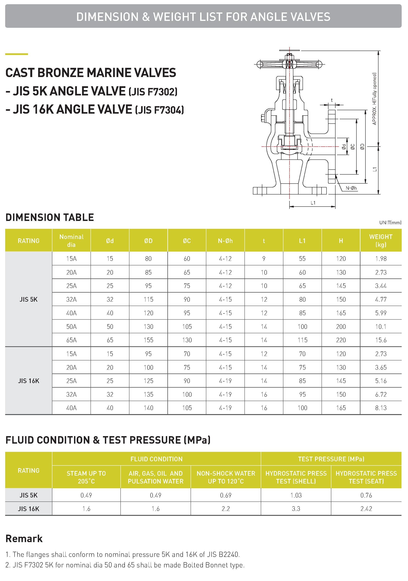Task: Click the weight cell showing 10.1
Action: tap(381, 327)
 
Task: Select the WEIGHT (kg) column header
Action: tap(381, 240)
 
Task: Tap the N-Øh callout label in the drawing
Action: tap(351, 188)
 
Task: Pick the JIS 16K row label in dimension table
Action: tap(29, 381)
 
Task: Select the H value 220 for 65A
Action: tap(341, 340)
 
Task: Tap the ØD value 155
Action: tap(148, 340)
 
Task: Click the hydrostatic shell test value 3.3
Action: tap(296, 509)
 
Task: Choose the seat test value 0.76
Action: tap(366, 495)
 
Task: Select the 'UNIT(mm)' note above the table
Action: tap(390, 223)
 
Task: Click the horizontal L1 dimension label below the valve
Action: tap(313, 203)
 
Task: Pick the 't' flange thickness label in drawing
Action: tap(332, 100)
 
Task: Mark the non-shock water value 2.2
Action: tap(226, 509)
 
